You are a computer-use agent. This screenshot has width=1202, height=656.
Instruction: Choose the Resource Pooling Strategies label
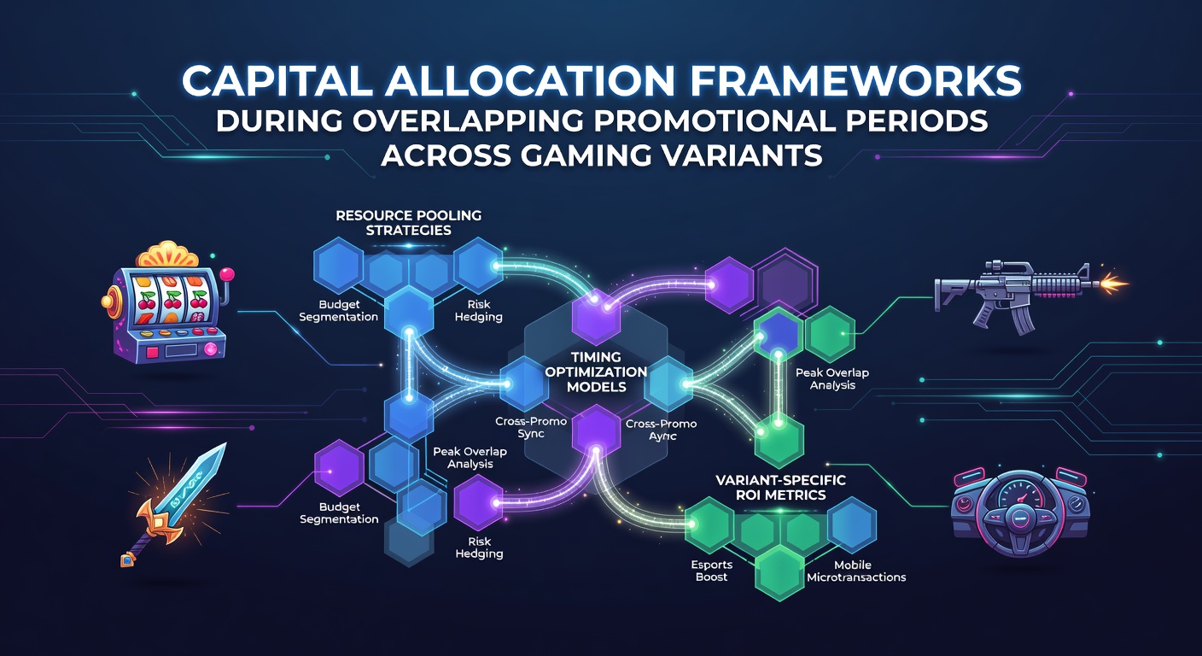click(x=408, y=223)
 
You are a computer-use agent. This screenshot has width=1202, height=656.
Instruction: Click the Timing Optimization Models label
click(x=597, y=372)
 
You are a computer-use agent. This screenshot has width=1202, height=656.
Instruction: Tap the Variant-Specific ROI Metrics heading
click(x=781, y=487)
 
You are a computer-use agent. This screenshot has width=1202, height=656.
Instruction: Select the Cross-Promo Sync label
click(x=531, y=427)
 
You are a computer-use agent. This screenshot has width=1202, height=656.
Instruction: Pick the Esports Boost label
click(x=711, y=571)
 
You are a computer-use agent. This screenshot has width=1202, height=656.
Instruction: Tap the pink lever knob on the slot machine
click(x=228, y=273)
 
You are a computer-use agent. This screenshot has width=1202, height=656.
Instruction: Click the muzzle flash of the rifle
click(x=1113, y=283)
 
